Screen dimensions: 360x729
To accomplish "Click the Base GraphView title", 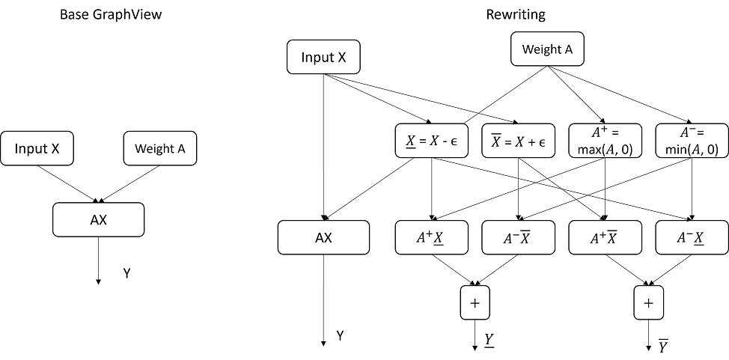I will tap(101, 14).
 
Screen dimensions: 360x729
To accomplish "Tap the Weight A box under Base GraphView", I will tap(159, 149).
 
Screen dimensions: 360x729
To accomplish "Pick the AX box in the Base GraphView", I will tap(98, 219).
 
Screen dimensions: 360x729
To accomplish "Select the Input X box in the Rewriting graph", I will tap(323, 58).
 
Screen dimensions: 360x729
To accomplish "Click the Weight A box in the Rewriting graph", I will tap(546, 49).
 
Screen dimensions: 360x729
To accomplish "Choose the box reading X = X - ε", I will tap(430, 140).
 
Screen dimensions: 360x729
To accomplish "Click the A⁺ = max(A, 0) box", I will tap(605, 140).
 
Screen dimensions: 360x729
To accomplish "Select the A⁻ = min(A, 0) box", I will tap(692, 140).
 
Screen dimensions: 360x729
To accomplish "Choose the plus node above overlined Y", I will tap(648, 302).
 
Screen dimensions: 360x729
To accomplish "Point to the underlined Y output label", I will tap(489, 339).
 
